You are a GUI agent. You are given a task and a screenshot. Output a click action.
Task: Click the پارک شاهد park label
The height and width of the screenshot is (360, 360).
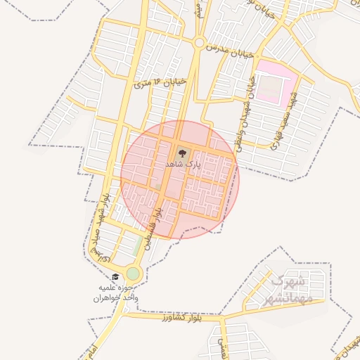click(x=183, y=163)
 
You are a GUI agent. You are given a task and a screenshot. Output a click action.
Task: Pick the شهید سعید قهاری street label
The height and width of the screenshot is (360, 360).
click(x=288, y=119)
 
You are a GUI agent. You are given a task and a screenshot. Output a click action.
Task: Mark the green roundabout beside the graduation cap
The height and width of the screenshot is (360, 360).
click(x=133, y=274)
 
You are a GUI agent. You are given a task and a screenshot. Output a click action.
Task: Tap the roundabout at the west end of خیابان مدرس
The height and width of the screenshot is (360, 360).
click(x=199, y=44)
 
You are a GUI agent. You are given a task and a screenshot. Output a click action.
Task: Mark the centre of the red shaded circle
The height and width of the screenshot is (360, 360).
click(x=180, y=179)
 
